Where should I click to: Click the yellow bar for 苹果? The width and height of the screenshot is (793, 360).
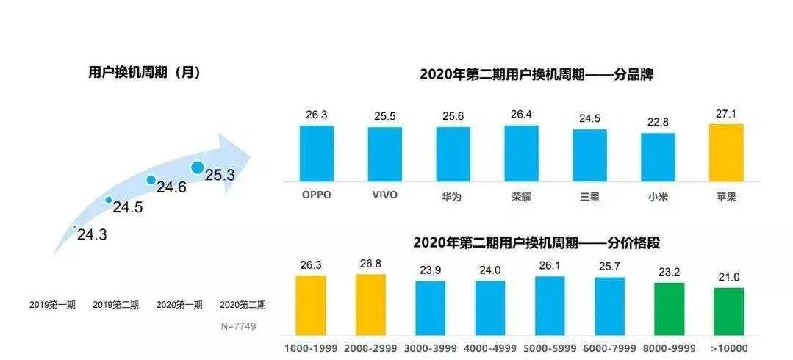[x=726, y=153]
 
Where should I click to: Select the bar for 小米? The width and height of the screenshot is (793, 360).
[x=658, y=157]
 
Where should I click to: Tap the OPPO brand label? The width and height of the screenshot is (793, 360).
[x=317, y=195]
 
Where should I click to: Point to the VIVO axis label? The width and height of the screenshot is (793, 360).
[x=385, y=195]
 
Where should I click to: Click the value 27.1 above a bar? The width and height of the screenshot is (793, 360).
[x=726, y=114]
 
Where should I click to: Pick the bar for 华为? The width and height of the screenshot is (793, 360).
[x=453, y=154]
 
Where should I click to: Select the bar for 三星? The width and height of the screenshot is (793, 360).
[x=589, y=156]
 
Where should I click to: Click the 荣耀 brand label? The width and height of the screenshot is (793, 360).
[x=521, y=196]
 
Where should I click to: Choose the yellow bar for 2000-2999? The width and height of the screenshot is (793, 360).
[x=370, y=304]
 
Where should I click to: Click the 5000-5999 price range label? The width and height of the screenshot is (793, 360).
[x=549, y=348]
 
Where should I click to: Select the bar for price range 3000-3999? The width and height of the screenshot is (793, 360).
[x=430, y=308]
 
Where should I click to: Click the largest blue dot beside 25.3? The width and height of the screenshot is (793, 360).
[x=197, y=168]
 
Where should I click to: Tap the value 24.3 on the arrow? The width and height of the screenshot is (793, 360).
[x=92, y=235]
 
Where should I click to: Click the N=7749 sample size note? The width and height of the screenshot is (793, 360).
[x=238, y=325]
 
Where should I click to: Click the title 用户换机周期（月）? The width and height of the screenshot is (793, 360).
[x=144, y=73]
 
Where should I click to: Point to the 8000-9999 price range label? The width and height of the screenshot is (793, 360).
[x=669, y=348]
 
